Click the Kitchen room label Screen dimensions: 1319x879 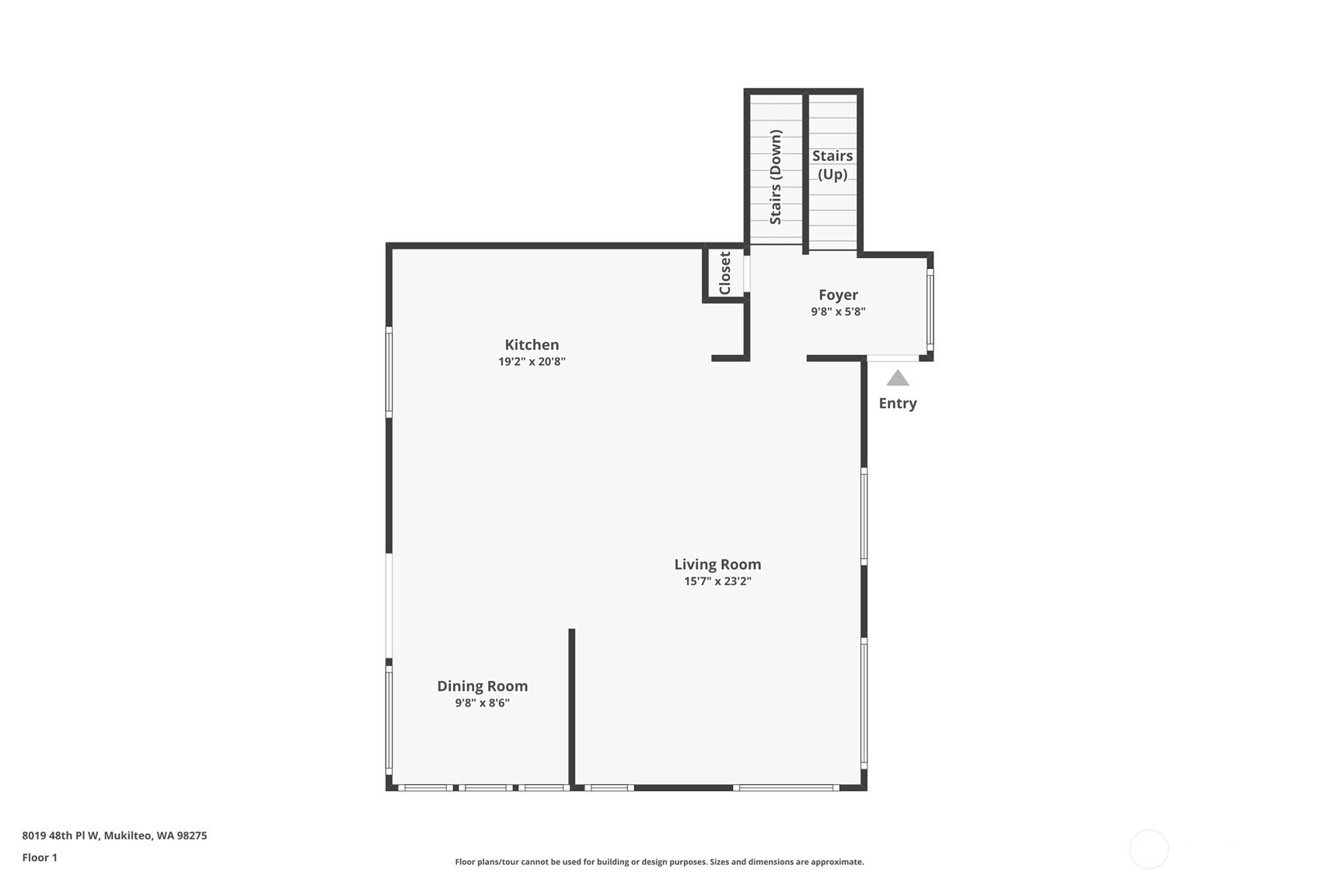532,344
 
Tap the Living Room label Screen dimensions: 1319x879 718,564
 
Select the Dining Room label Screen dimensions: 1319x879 482,686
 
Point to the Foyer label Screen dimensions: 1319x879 838,295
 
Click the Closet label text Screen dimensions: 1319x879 725,273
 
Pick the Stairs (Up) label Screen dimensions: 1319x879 832,165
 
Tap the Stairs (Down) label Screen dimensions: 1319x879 776,177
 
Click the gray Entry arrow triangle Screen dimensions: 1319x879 898,378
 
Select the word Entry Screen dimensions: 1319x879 898,403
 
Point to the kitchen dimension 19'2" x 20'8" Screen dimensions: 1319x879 532,361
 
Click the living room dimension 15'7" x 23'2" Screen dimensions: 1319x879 718,581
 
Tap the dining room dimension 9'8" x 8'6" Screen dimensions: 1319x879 482,703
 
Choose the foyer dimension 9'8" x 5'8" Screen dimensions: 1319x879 838,312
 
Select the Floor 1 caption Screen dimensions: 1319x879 40,858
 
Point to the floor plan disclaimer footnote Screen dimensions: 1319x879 659,862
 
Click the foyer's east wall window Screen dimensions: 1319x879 930,310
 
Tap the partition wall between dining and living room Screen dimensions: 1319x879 571,707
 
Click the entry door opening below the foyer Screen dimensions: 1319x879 893,358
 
